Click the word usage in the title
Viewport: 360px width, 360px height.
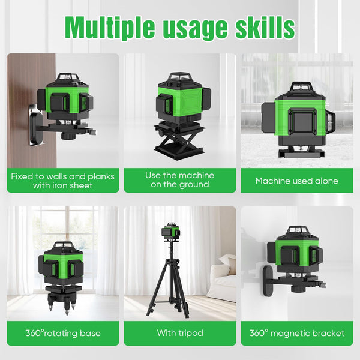[x=193, y=27]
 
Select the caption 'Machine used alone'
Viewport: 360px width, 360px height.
[x=296, y=181]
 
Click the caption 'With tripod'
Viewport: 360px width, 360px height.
[x=179, y=333]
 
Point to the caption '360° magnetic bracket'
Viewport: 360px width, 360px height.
[x=296, y=333]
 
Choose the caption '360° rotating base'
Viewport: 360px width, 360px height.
[x=63, y=333]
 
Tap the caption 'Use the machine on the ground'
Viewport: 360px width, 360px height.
[x=179, y=180]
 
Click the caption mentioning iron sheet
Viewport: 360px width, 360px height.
[x=63, y=181]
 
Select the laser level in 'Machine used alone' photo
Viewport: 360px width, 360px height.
[x=297, y=117]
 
